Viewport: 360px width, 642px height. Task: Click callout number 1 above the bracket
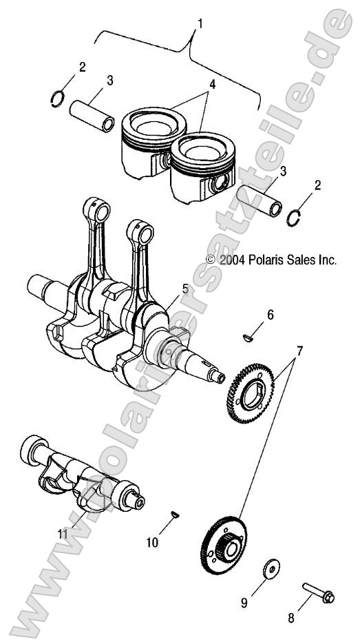(x=200, y=24)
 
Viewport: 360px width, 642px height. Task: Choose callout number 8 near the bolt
(x=290, y=618)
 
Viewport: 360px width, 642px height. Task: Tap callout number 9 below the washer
(x=243, y=603)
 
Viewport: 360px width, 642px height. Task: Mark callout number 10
(x=152, y=542)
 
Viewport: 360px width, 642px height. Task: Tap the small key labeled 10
(x=176, y=513)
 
